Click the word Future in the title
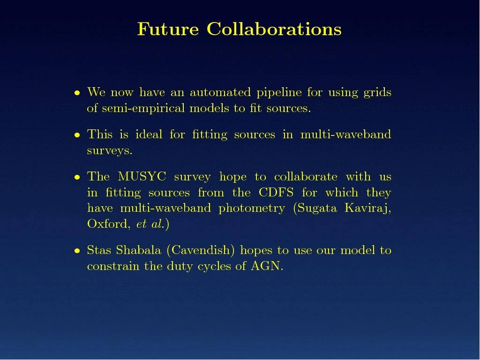point(168,29)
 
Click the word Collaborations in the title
point(274,29)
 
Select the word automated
point(220,92)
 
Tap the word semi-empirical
point(142,109)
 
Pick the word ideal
point(149,135)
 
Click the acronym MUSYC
point(142,177)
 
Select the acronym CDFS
point(276,193)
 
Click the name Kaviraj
point(367,209)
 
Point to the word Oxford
point(107,224)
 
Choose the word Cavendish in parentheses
point(201,250)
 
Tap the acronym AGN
point(266,266)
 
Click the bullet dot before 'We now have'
point(77,92)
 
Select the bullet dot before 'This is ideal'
point(77,135)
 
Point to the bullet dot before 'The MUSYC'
point(77,177)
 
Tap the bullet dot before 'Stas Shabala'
point(77,251)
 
